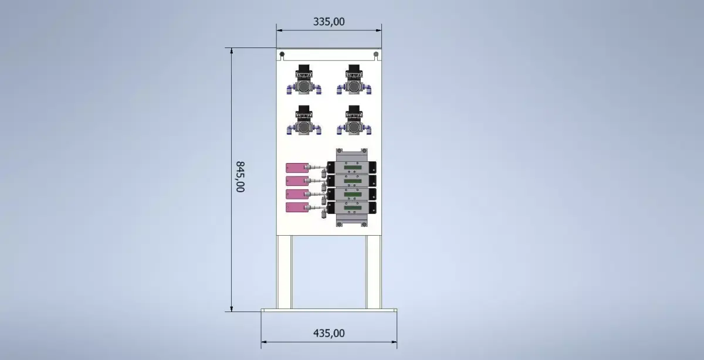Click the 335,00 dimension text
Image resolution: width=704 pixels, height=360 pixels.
(329, 22)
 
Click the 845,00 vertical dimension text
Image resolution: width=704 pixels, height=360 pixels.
(240, 176)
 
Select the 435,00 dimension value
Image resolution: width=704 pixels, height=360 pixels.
(329, 333)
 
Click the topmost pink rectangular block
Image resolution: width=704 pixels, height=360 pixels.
(296, 168)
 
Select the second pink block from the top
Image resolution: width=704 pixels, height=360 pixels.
(296, 181)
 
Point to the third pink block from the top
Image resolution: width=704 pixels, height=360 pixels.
(296, 194)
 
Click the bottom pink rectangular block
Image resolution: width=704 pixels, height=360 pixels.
(296, 208)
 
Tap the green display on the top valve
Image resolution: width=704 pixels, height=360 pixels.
(352, 168)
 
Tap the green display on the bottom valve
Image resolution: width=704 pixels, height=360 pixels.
(352, 208)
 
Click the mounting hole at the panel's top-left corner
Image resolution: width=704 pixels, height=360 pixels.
(282, 55)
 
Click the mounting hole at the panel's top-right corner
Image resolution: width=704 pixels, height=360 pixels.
(375, 55)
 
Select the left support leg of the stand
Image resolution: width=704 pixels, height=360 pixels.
(284, 271)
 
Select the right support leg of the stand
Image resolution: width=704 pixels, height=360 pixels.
(373, 271)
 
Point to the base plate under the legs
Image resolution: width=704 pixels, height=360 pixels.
(329, 311)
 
